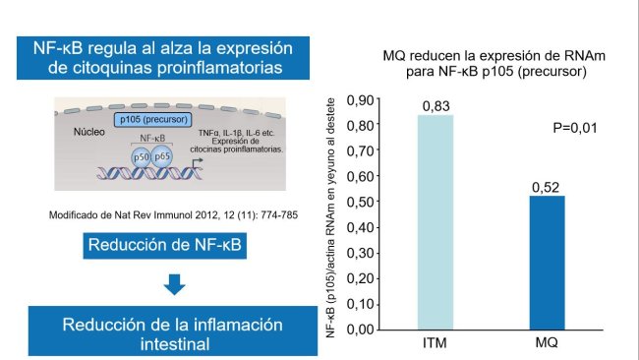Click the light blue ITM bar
click(x=435, y=222)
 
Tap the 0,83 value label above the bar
click(x=436, y=105)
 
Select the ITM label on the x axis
click(x=436, y=343)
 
